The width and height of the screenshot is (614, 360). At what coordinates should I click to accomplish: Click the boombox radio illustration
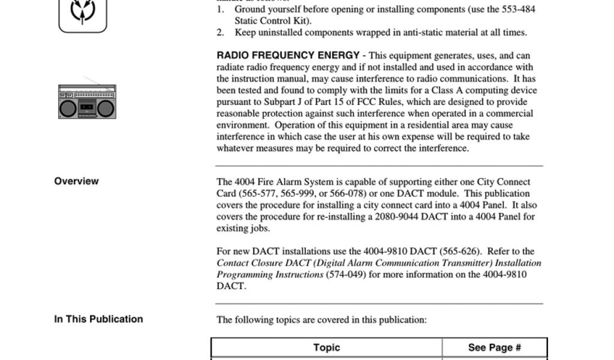point(87,101)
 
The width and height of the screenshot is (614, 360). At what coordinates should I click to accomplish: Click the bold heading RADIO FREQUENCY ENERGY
point(288,55)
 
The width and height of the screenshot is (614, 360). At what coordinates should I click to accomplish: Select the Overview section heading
point(76,181)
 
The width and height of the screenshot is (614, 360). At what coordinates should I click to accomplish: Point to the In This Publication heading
point(98,319)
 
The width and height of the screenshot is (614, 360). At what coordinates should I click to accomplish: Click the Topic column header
point(326,347)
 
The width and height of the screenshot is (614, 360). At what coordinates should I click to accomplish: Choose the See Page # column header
point(494,347)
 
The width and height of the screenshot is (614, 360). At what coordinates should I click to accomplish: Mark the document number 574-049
point(345,274)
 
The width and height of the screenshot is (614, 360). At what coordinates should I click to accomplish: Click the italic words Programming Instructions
point(270,274)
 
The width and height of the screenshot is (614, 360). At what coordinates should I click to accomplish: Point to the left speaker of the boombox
point(68,108)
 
